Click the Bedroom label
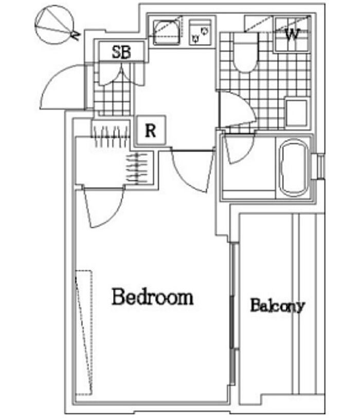tap(153, 297)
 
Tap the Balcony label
tap(277, 305)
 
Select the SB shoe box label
tap(121, 52)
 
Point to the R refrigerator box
tap(151, 130)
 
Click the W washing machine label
tap(292, 35)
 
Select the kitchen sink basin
tap(166, 30)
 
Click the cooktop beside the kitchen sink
tap(201, 31)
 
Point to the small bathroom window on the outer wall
tap(320, 166)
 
